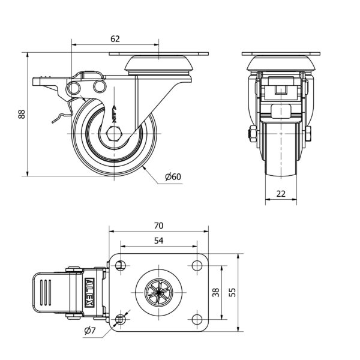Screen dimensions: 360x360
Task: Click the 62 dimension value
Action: click(x=115, y=38)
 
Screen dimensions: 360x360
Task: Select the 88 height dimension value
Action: click(x=22, y=114)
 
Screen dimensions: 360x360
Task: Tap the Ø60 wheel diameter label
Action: click(x=173, y=176)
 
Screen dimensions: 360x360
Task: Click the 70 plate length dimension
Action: click(x=158, y=226)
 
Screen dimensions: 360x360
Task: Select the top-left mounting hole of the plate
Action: click(x=121, y=266)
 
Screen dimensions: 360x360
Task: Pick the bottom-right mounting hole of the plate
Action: click(x=196, y=318)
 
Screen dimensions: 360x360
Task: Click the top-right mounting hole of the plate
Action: click(x=196, y=266)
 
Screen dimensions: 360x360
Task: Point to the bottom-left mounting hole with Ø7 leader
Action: click(x=121, y=318)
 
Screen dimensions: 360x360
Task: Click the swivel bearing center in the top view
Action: click(x=158, y=292)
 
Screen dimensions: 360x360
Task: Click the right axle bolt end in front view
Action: click(x=308, y=133)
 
